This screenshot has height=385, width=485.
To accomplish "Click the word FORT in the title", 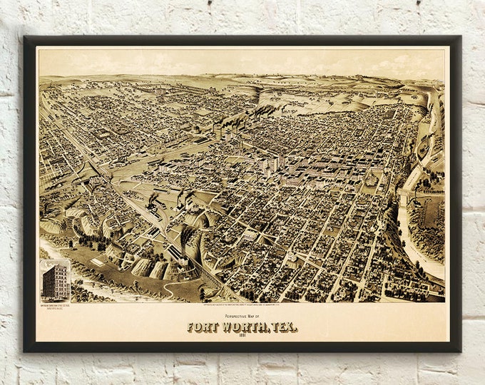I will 203,327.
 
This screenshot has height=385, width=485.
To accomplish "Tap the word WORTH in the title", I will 244,327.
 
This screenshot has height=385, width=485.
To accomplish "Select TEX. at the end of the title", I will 283,327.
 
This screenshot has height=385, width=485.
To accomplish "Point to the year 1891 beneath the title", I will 242,336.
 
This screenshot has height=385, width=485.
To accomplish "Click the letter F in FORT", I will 191,327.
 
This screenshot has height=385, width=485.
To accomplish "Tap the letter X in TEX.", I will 291,327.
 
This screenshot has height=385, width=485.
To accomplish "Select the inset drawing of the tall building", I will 56,281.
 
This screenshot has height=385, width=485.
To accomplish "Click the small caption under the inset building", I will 56,303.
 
